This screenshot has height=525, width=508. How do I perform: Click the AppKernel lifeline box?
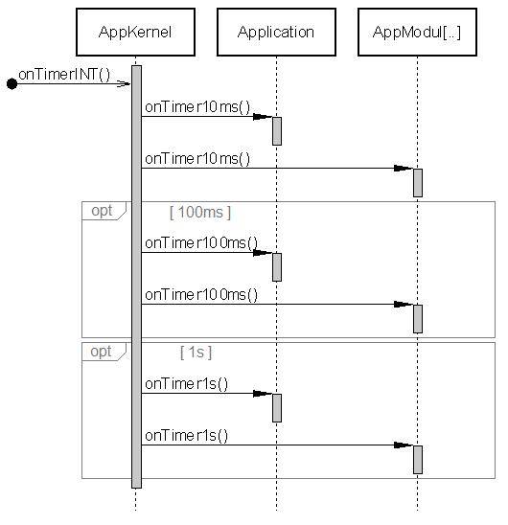tap(136, 32)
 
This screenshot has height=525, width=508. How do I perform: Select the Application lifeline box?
tap(276, 32)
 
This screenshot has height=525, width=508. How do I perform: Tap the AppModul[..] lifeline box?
tap(417, 32)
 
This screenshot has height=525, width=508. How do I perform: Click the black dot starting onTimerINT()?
tap(12, 84)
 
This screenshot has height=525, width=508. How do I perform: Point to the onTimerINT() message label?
tap(64, 74)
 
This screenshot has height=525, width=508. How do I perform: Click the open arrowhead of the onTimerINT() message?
tap(124, 84)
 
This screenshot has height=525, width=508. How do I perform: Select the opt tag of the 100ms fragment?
tap(101, 211)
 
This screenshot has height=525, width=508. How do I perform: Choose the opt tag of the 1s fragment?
tap(101, 352)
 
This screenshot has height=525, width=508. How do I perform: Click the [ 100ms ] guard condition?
tap(199, 212)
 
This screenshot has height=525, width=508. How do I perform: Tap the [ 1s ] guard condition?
tap(196, 353)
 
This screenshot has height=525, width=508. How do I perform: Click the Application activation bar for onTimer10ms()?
tap(276, 130)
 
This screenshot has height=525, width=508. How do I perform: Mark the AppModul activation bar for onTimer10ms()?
tap(418, 182)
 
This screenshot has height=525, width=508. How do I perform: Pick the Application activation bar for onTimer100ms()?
tap(276, 266)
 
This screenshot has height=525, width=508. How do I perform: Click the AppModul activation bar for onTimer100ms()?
tap(418, 318)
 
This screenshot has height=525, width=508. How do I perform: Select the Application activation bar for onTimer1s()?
tap(276, 407)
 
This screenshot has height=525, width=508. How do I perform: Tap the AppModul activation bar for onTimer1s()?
tap(418, 459)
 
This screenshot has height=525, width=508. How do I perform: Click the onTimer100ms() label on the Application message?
tap(201, 243)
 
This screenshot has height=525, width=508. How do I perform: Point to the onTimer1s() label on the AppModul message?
tap(187, 436)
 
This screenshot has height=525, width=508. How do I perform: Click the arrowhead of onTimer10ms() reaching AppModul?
tap(404, 169)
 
